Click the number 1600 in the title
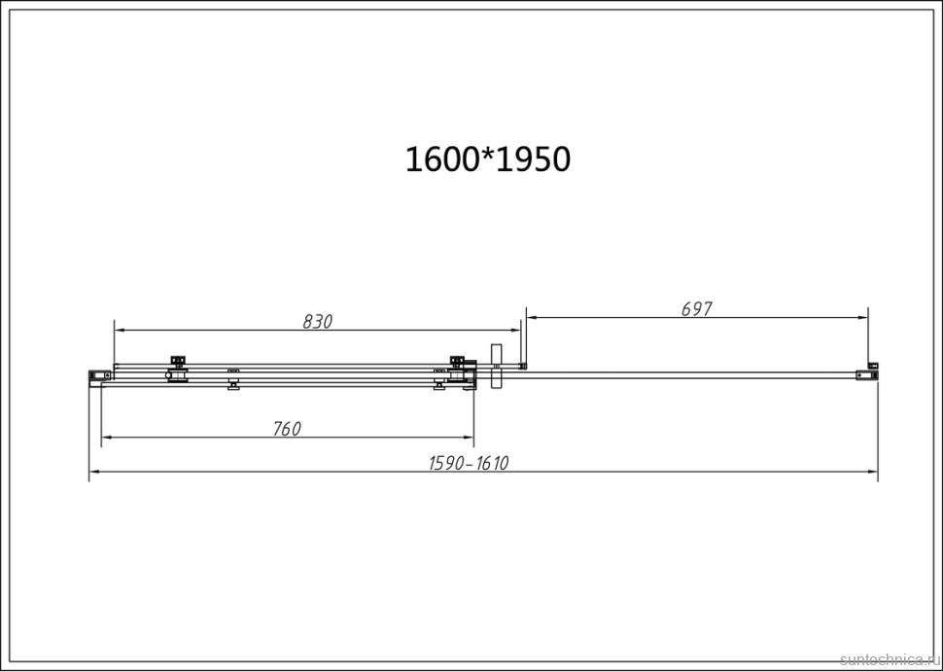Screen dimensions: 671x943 click(442, 159)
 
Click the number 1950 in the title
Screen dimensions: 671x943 click(534, 159)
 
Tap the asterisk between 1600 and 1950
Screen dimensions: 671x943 click(488, 156)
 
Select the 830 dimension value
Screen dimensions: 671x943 click(317, 322)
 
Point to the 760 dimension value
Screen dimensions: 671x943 click(287, 429)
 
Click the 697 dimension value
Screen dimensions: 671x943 click(697, 309)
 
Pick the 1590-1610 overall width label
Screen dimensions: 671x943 click(469, 464)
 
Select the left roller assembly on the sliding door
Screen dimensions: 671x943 click(177, 370)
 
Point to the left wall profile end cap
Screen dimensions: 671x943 click(96, 375)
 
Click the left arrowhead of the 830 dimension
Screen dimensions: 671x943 click(120, 331)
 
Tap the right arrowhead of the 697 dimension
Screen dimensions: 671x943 click(862, 317)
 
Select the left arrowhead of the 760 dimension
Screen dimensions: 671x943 click(107, 438)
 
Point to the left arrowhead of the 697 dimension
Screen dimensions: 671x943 click(531, 317)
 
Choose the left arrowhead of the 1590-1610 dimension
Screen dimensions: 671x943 click(94, 473)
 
